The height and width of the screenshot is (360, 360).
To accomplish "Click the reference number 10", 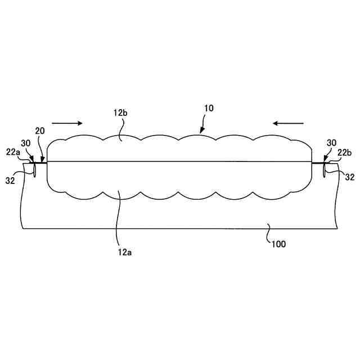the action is point(208,108).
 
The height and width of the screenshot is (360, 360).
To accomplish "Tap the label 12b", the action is point(120,113).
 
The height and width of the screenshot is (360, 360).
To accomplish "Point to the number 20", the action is point(40,131).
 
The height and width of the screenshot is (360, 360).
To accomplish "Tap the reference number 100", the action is point(279,244).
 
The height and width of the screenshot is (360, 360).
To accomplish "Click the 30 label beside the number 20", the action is point(26,143).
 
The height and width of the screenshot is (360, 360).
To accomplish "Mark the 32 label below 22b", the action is point(349,178).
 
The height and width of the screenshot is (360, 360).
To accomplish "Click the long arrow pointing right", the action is point(66,123).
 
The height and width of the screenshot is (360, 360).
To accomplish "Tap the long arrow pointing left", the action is point(289,123).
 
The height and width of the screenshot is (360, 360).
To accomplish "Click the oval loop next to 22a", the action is point(34,169).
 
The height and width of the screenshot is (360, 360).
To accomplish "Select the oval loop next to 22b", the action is point(325,169).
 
